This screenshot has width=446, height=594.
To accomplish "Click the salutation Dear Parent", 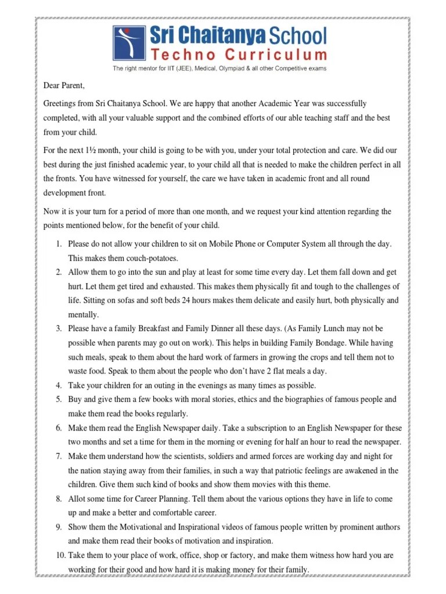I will tap(64, 86).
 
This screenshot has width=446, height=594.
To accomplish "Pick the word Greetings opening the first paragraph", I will tap(60, 103).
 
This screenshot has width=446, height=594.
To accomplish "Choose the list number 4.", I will tap(59, 385).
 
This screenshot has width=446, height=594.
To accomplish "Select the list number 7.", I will tap(59, 456).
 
